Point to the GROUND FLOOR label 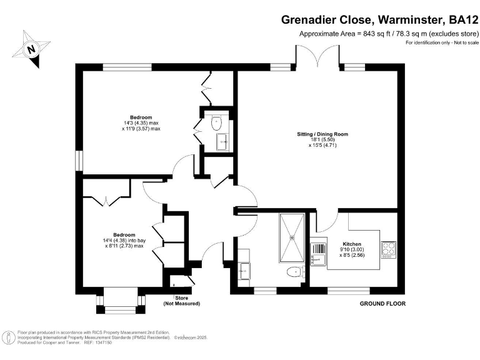click(382, 304)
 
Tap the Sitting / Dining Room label click(322, 134)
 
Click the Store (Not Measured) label click(182, 301)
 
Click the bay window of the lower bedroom click(121, 302)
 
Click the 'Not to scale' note click(464, 42)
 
